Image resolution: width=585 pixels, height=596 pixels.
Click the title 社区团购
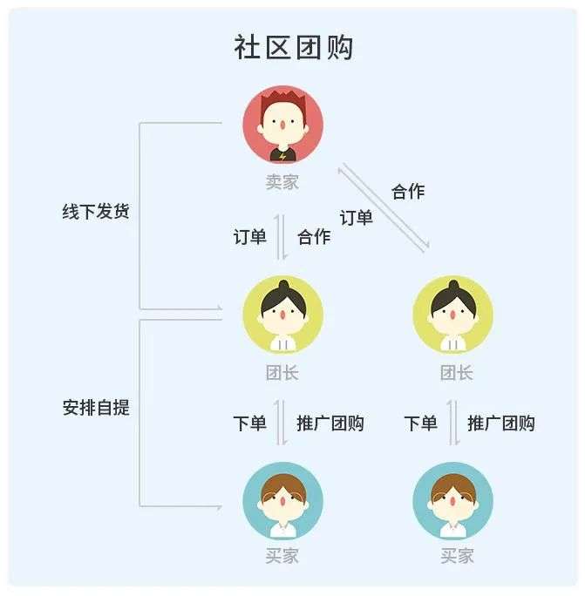point(293,48)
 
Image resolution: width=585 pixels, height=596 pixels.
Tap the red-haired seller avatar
point(283,125)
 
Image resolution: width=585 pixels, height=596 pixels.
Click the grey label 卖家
point(282,182)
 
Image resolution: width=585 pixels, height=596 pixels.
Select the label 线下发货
point(96,212)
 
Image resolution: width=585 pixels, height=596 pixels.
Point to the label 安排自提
point(96,408)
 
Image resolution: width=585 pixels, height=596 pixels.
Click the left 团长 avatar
point(283,315)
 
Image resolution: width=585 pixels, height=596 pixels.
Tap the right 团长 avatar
point(453,315)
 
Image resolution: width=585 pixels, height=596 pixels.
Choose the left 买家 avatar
point(283,501)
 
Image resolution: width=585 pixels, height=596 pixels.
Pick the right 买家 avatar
point(453,501)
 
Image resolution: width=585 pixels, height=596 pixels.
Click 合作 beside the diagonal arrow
point(408,191)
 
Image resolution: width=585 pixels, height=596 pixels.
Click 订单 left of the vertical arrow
point(249,237)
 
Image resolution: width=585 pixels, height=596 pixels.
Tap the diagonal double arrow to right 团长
point(384,207)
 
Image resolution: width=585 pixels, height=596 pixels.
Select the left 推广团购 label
point(330,423)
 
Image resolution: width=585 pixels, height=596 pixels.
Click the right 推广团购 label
point(501,423)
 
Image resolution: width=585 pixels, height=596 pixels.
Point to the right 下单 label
point(420,423)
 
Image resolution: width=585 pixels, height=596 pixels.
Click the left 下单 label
point(249,423)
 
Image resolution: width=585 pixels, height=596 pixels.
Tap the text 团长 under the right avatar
point(457,373)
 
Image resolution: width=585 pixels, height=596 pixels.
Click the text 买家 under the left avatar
point(282,556)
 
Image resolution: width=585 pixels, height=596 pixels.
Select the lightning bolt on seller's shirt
point(282,156)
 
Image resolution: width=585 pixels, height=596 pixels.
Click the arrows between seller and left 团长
point(281,237)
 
